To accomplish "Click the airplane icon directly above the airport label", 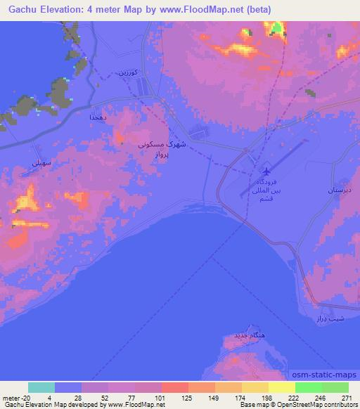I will [266, 172].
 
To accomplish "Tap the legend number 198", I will [267, 397].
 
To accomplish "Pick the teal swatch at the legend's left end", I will [41, 387].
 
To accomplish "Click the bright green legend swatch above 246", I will [308, 387].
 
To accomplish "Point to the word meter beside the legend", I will [10, 397].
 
